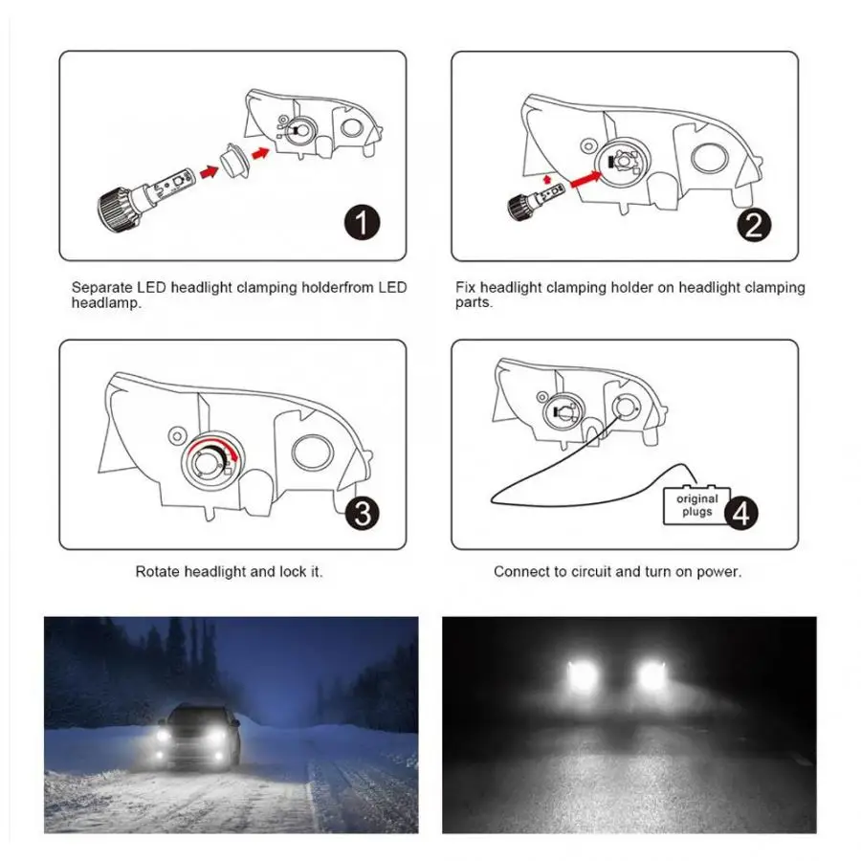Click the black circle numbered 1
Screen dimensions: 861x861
pyautogui.click(x=362, y=222)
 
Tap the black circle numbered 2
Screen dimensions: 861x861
pyautogui.click(x=754, y=225)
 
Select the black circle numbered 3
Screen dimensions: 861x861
pyautogui.click(x=363, y=513)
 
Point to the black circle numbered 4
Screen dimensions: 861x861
pyautogui.click(x=741, y=513)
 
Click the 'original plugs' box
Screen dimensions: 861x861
pyautogui.click(x=696, y=504)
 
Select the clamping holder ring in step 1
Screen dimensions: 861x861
pyautogui.click(x=234, y=161)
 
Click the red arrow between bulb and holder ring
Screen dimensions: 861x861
pyautogui.click(x=209, y=172)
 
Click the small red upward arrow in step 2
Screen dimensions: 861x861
pyautogui.click(x=546, y=179)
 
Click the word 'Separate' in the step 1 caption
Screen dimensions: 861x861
pyautogui.click(x=102, y=287)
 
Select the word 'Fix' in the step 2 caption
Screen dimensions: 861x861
pyautogui.click(x=465, y=287)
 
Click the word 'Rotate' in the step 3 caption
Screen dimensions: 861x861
pyautogui.click(x=158, y=572)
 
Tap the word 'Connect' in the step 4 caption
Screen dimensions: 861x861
pyautogui.click(x=519, y=572)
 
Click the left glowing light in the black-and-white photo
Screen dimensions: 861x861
pyautogui.click(x=582, y=674)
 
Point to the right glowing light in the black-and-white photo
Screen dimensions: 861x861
pyautogui.click(x=651, y=674)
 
